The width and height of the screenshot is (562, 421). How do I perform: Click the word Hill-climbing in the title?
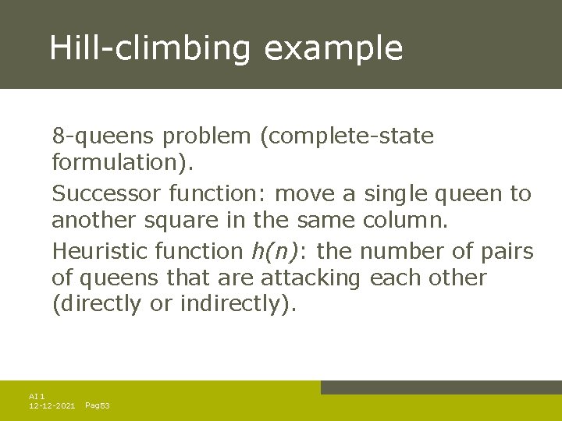(x=150, y=48)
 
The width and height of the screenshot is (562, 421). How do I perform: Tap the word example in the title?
(x=333, y=48)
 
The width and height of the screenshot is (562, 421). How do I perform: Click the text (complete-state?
(x=347, y=136)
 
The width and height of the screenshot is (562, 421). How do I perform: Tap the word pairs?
(x=508, y=251)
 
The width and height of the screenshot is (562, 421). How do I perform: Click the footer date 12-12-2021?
(x=52, y=406)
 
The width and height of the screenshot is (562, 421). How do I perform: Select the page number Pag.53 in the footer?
(x=97, y=406)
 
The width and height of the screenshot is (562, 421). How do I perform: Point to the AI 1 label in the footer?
(x=37, y=397)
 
